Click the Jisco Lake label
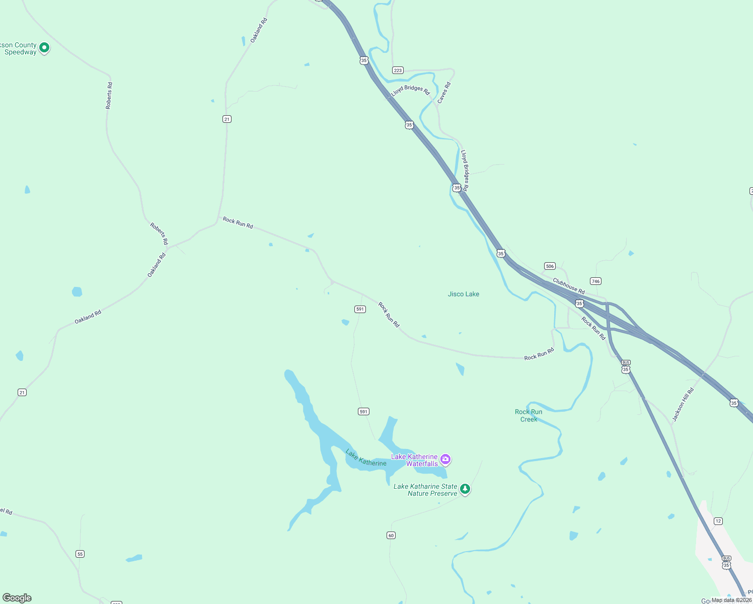click(463, 294)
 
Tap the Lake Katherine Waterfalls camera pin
click(445, 459)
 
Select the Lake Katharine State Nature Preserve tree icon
click(465, 489)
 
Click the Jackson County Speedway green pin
click(44, 48)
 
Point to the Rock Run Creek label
click(529, 415)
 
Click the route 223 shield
click(398, 70)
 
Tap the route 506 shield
click(550, 266)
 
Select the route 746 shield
click(595, 281)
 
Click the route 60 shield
click(391, 536)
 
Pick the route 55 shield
click(80, 554)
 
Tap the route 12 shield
click(718, 521)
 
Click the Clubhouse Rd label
click(568, 286)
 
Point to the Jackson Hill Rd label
click(683, 404)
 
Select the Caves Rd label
click(443, 93)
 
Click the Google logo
click(17, 598)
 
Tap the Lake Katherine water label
click(366, 458)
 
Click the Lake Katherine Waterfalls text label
click(414, 460)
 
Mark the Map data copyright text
click(731, 600)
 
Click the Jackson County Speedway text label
click(19, 48)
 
